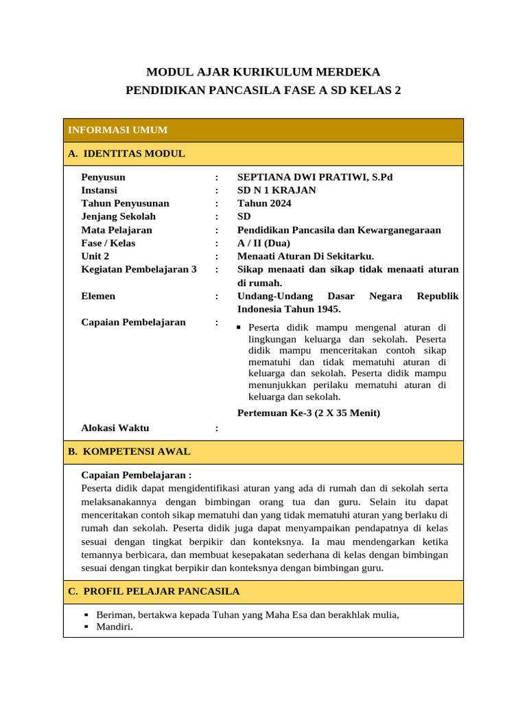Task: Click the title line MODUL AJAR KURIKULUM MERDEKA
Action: [x=263, y=72]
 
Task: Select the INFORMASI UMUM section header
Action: [x=117, y=130]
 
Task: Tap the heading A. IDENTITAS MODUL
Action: [x=126, y=154]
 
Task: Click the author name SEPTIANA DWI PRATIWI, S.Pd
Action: [x=315, y=177]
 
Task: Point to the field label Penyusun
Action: [x=103, y=177]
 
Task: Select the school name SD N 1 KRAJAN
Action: [x=277, y=190]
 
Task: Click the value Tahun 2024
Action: [x=264, y=203]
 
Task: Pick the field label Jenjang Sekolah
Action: [x=118, y=217]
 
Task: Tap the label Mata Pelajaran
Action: [x=117, y=230]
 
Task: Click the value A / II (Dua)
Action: [x=263, y=243]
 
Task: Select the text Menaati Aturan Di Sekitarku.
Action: [x=305, y=256]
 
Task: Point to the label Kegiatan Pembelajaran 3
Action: [x=139, y=270]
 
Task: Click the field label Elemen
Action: [x=98, y=296]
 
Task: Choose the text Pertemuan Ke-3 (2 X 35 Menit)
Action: [x=308, y=413]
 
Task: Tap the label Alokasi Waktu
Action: [x=115, y=428]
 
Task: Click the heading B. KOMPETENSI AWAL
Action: [x=129, y=452]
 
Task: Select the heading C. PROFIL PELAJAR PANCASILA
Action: [x=154, y=592]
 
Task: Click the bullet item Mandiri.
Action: [x=115, y=627]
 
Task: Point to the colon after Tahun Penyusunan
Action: [x=217, y=203]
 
